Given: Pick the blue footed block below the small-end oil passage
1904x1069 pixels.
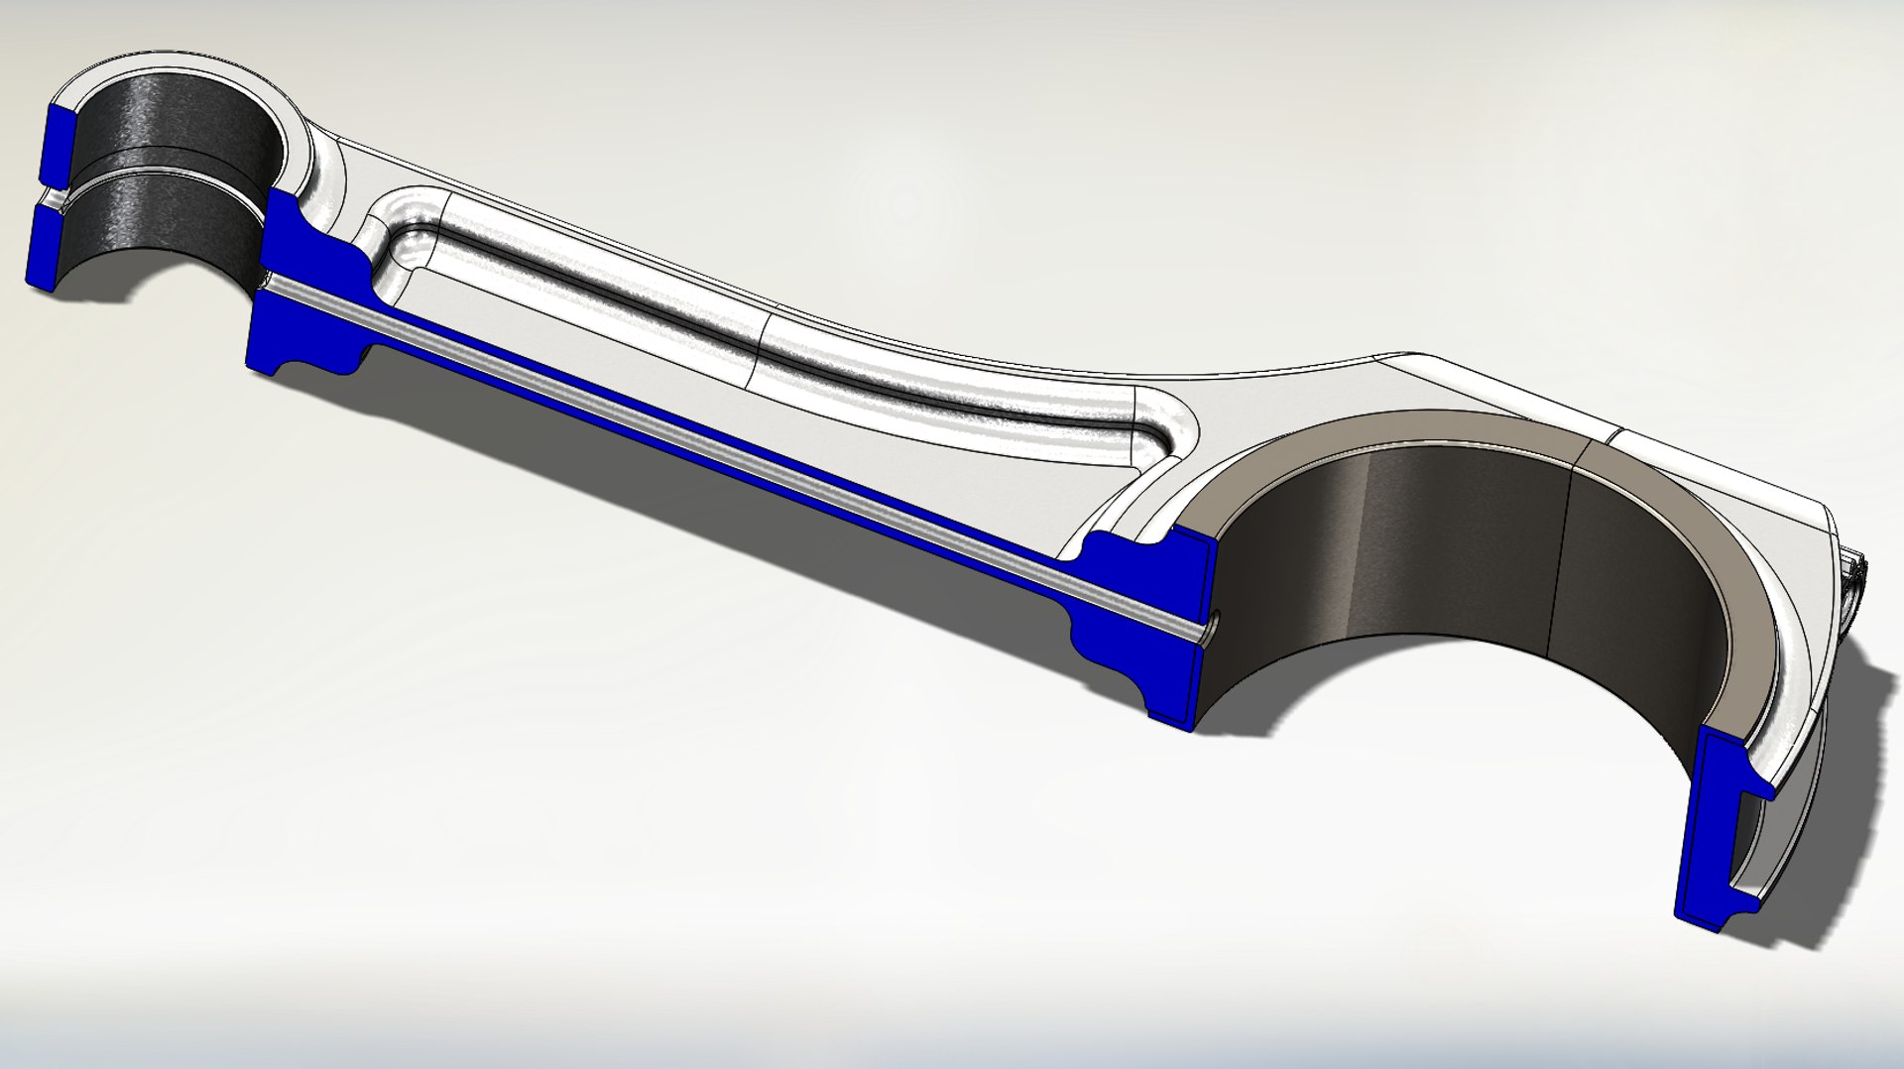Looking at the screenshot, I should [307, 337].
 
